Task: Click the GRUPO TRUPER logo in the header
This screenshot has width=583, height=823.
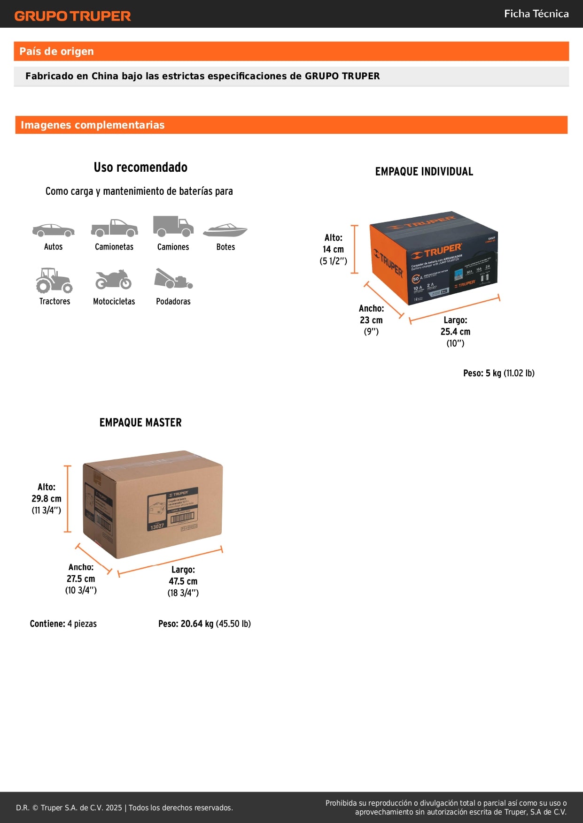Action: tap(72, 16)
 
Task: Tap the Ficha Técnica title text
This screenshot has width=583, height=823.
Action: tap(536, 14)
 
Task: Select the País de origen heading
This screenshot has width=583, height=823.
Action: tap(56, 52)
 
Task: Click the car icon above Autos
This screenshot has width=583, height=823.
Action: tap(53, 230)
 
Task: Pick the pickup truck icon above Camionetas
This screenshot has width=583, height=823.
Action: tap(114, 228)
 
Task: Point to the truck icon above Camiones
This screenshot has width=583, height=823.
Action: tap(173, 226)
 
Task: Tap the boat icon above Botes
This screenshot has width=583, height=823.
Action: tap(225, 230)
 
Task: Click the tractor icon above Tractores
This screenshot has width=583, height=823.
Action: tap(54, 281)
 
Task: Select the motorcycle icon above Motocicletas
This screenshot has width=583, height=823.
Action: tap(113, 280)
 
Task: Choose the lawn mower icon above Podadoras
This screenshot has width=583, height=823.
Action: tap(173, 279)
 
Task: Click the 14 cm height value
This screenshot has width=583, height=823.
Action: tap(333, 250)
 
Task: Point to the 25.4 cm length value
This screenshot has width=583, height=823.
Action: tap(455, 332)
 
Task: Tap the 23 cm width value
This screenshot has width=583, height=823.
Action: tap(371, 320)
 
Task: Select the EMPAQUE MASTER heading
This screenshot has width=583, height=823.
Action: tap(140, 423)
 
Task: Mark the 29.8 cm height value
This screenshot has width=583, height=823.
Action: tap(47, 499)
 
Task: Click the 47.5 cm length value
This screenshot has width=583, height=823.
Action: tap(183, 581)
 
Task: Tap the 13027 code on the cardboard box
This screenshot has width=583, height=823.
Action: tap(157, 526)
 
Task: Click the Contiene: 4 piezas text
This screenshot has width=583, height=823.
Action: tap(63, 624)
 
